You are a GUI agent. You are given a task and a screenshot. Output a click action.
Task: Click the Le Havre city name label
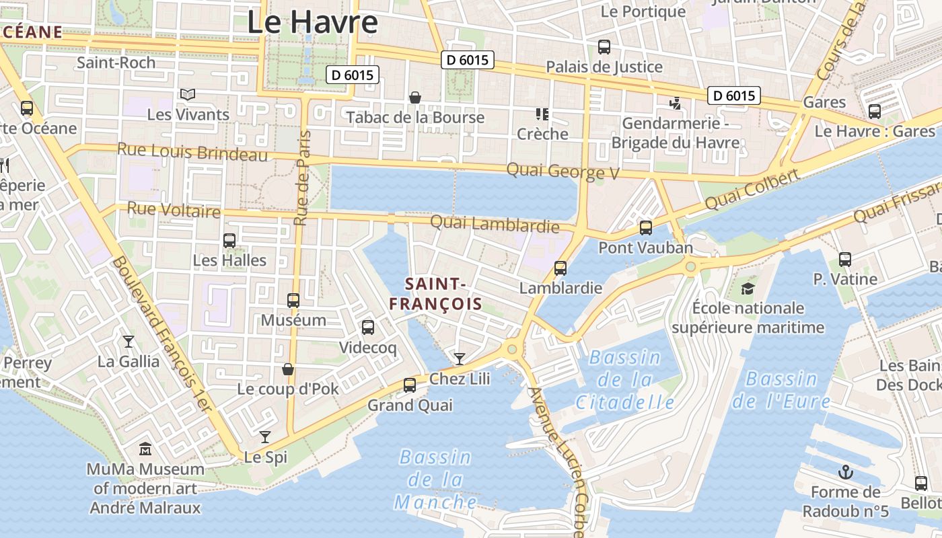click(312, 22)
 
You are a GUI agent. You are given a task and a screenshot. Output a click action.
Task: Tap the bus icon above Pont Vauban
click(646, 227)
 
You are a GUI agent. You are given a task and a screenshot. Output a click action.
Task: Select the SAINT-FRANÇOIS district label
click(435, 294)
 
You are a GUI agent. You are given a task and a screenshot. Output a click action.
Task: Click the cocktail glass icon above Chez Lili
click(459, 358)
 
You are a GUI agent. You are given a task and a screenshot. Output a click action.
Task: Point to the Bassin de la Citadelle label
click(625, 380)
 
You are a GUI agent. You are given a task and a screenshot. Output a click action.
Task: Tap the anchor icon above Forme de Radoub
click(846, 471)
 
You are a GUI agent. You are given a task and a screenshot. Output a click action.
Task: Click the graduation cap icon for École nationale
click(748, 289)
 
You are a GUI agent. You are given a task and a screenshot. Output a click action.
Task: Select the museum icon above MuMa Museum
click(145, 449)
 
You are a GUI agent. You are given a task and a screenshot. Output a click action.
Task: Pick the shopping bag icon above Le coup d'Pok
click(288, 369)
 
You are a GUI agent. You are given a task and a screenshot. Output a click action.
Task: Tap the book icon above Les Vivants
click(188, 95)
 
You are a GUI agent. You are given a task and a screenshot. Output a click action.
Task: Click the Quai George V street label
click(563, 171)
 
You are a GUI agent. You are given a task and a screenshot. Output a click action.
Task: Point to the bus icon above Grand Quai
click(409, 385)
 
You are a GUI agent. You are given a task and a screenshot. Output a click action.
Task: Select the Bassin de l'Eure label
click(781, 391)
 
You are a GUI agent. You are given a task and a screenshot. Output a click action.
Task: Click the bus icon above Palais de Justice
click(604, 47)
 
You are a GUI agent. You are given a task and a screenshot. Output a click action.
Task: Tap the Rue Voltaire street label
click(174, 210)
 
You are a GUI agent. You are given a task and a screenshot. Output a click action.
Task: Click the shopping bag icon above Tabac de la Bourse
click(415, 98)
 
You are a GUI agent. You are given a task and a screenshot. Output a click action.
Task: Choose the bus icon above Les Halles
click(229, 240)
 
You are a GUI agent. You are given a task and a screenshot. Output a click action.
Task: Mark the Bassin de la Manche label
click(436, 479)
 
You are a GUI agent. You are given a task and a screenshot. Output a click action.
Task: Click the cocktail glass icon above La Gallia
click(128, 342)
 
